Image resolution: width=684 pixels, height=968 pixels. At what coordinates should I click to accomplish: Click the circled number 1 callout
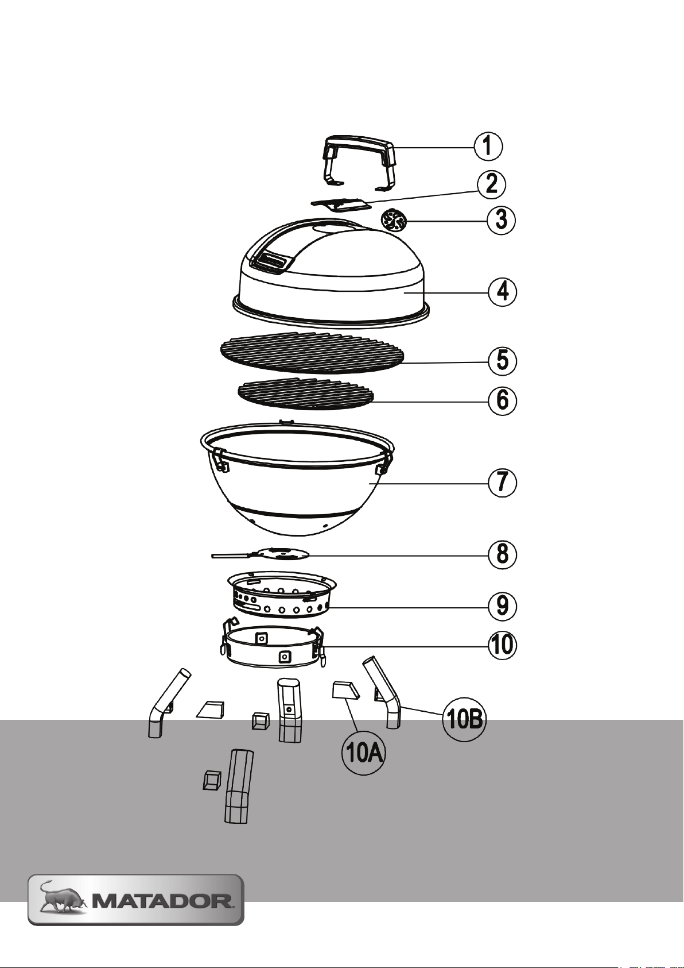pyautogui.click(x=488, y=146)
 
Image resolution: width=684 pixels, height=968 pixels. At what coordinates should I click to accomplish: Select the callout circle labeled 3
pyautogui.click(x=501, y=221)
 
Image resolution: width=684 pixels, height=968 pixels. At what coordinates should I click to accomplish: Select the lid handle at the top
pyautogui.click(x=359, y=163)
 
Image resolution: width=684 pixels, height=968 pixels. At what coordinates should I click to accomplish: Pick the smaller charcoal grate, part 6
pyautogui.click(x=306, y=394)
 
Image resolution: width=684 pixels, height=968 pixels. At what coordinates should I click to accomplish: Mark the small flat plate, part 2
pyautogui.click(x=342, y=205)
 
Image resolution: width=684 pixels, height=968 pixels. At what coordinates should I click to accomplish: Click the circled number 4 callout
pyautogui.click(x=502, y=292)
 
